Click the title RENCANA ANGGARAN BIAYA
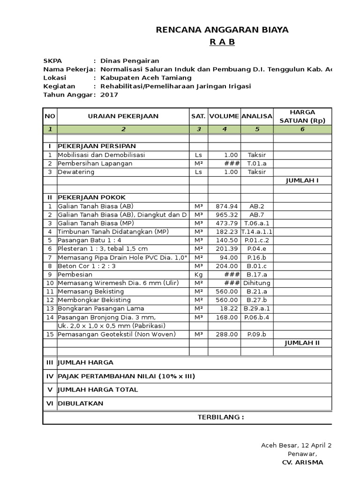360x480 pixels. [222, 30]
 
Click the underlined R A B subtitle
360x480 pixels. [222, 42]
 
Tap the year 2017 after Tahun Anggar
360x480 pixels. [110, 95]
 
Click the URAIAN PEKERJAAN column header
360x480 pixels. [123, 116]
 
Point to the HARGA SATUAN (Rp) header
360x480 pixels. [302, 116]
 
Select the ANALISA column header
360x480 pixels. [257, 116]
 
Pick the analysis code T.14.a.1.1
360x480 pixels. [257, 232]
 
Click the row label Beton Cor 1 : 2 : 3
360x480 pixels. [87, 266]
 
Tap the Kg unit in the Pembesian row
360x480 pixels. [198, 274]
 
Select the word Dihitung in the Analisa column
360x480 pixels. [257, 283]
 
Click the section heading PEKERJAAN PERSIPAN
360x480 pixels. [97, 146]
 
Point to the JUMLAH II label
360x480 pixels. [302, 343]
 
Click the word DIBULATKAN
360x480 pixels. [80, 403]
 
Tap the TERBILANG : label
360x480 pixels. [220, 417]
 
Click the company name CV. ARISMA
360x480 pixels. [302, 463]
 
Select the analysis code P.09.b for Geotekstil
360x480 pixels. [257, 334]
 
